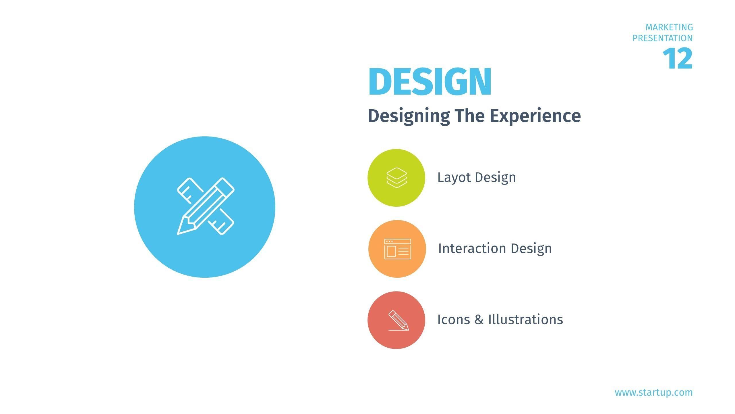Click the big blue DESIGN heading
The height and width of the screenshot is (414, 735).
[430, 81]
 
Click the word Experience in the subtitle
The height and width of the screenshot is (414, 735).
[535, 116]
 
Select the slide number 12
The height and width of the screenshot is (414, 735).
[678, 59]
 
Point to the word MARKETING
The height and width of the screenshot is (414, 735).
[669, 27]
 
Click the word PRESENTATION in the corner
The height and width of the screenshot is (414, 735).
[663, 38]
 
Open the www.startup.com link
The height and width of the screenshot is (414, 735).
[654, 392]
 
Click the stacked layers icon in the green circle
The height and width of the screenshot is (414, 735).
[396, 178]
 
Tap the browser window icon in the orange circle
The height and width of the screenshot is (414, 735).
[398, 249]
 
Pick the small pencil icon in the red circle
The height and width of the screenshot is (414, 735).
[399, 320]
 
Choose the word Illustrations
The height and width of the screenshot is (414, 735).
[526, 319]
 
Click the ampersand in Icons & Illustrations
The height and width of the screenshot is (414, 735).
[479, 320]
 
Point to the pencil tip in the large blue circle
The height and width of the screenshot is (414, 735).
[178, 234]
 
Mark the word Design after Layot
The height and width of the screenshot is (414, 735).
[495, 178]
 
